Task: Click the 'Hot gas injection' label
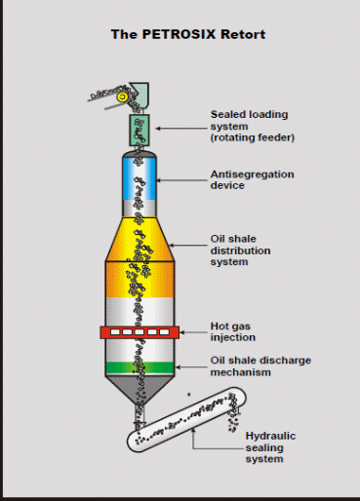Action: tap(232, 331)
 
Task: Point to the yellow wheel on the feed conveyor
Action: tap(121, 97)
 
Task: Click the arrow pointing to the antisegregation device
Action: tap(186, 178)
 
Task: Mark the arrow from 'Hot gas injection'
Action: tap(194, 332)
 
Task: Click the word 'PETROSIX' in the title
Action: tap(176, 33)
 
